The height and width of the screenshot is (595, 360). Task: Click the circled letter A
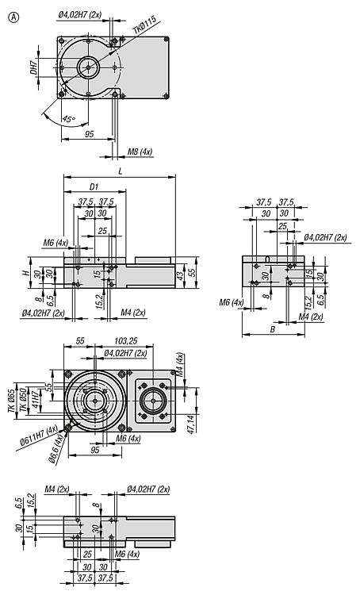13,17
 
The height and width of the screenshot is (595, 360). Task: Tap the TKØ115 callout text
144,28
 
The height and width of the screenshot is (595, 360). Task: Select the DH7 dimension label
34,67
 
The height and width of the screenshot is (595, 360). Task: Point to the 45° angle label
69,119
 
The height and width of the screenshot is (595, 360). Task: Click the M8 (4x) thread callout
140,152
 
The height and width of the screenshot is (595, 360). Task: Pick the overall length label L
121,171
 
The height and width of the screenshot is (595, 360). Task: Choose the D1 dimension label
94,186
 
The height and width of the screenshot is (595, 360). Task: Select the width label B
272,329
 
